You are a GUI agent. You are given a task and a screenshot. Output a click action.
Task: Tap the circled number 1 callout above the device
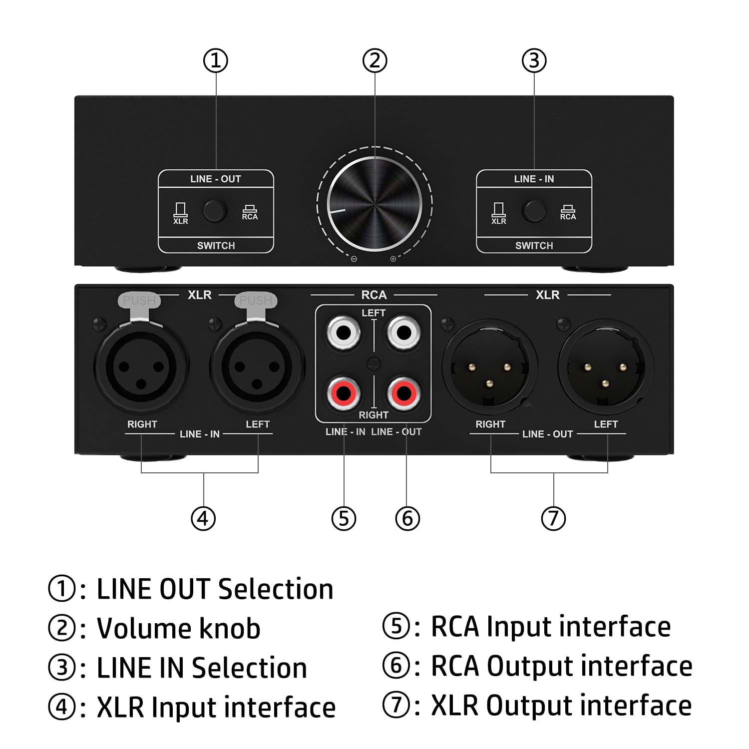[x=216, y=61]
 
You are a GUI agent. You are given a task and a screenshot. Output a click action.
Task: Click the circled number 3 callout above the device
[x=534, y=61]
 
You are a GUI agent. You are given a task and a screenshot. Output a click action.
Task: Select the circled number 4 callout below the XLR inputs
[x=203, y=518]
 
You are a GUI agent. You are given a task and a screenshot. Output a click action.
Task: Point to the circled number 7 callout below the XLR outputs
[x=553, y=518]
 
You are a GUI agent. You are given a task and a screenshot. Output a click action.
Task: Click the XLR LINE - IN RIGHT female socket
[x=142, y=367]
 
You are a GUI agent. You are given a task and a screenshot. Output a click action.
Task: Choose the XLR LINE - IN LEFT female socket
[x=257, y=367]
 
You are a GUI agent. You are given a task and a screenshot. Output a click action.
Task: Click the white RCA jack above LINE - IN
[x=344, y=333]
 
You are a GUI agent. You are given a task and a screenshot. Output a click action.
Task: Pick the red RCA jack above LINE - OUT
[x=404, y=393]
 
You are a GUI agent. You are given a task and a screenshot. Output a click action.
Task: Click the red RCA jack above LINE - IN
[x=344, y=393]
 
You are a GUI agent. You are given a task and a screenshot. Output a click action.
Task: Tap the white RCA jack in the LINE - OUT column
[x=404, y=333]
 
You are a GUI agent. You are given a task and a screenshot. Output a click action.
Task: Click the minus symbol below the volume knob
[x=354, y=259]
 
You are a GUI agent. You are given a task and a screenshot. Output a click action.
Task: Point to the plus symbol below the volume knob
[x=393, y=259]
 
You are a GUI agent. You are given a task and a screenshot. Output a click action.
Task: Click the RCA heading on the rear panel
[x=374, y=295]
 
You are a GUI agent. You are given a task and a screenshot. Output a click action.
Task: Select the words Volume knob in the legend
[x=178, y=628]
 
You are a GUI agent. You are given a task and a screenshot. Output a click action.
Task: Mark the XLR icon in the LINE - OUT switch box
[x=180, y=213]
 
